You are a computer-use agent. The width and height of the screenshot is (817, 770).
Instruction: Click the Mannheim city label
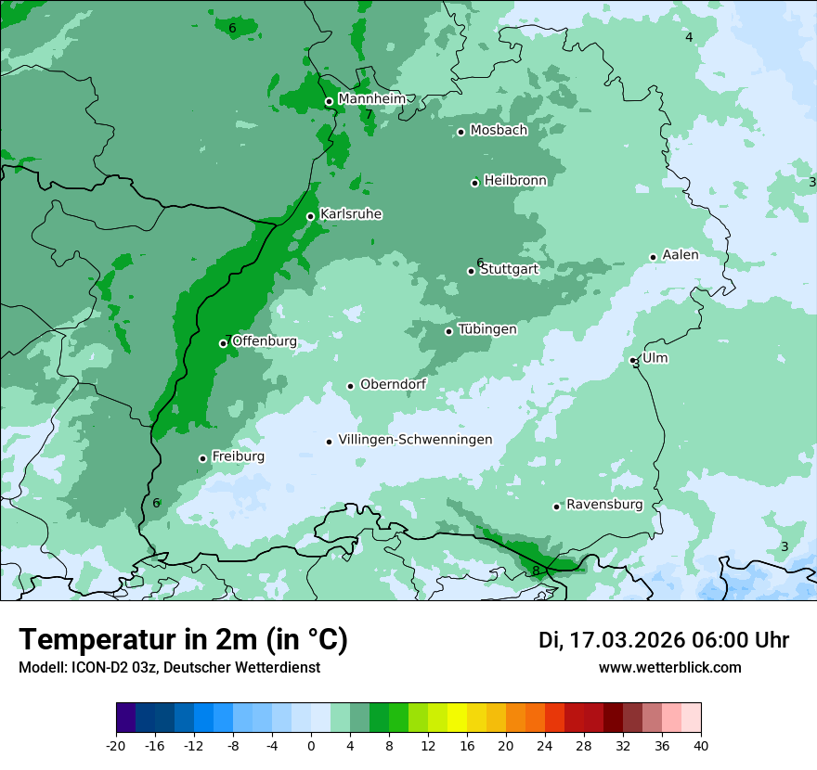pyautogui.click(x=370, y=99)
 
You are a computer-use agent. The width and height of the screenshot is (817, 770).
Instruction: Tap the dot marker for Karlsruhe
pyautogui.click(x=311, y=217)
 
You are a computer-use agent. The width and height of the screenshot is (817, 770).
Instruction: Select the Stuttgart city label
pyautogui.click(x=509, y=269)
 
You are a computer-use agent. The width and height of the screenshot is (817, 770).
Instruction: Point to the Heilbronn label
pyautogui.click(x=515, y=181)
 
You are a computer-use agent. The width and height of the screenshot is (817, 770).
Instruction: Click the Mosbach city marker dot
pyautogui.click(x=460, y=132)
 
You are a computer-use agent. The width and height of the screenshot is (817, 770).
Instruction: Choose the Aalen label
pyautogui.click(x=681, y=255)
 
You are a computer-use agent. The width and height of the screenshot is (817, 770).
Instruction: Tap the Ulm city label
pyautogui.click(x=655, y=358)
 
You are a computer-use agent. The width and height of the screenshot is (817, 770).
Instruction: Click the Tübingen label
pyautogui.click(x=487, y=329)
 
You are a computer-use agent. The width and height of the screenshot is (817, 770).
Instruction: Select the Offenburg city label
pyautogui.click(x=265, y=341)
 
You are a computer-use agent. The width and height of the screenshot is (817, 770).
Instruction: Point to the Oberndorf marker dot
pyautogui.click(x=351, y=386)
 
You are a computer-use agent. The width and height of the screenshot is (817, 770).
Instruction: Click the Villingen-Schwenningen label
pyautogui.click(x=415, y=440)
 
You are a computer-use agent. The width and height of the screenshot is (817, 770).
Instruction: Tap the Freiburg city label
pyautogui.click(x=238, y=456)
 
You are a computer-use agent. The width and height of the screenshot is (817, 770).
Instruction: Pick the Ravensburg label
pyautogui.click(x=604, y=505)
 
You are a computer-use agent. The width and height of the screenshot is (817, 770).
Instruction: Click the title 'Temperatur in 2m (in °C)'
pyautogui.click(x=183, y=639)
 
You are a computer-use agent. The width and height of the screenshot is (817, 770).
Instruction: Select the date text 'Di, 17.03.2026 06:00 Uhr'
pyautogui.click(x=664, y=640)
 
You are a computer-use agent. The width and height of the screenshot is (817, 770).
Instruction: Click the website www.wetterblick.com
pyautogui.click(x=669, y=667)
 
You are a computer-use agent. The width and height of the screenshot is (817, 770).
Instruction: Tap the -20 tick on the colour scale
pyautogui.click(x=116, y=745)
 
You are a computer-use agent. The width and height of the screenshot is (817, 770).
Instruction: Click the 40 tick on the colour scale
pyautogui.click(x=701, y=745)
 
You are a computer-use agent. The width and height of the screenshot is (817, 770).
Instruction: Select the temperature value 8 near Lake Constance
pyautogui.click(x=536, y=571)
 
